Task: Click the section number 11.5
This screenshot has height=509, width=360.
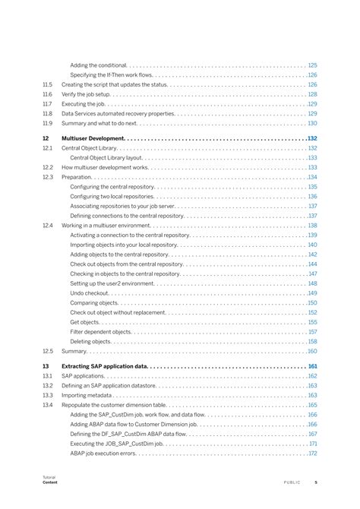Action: (x=47, y=85)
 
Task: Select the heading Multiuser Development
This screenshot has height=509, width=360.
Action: (x=93, y=138)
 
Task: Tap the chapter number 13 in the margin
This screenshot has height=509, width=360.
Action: (x=46, y=366)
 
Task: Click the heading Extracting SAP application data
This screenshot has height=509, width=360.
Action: (x=104, y=366)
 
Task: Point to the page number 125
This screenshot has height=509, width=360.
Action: (x=312, y=66)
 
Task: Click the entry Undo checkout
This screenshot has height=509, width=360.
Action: (x=90, y=292)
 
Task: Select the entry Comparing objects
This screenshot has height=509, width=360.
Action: (x=95, y=302)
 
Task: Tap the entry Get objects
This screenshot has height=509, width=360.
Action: (x=84, y=322)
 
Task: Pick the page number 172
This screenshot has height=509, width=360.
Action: (x=312, y=454)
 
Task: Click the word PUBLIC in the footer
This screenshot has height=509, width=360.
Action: (x=292, y=482)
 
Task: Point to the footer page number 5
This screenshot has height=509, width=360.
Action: (x=316, y=482)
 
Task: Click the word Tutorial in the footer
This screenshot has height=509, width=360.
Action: (x=49, y=477)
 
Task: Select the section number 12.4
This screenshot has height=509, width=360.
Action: (x=47, y=226)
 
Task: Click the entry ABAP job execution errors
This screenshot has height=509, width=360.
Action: (x=103, y=454)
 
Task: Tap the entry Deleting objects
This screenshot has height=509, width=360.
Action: (x=91, y=342)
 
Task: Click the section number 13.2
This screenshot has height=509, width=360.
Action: (x=47, y=386)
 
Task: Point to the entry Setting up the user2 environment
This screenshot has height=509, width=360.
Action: (x=112, y=283)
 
